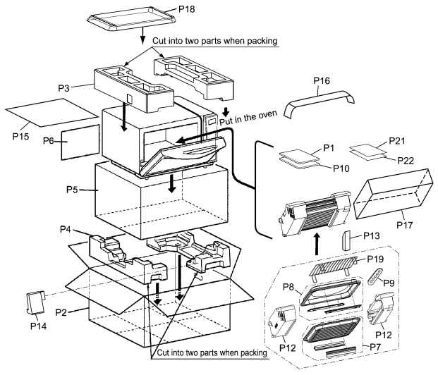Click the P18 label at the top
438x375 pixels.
[x=187, y=9]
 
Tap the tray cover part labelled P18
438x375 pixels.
[x=132, y=19]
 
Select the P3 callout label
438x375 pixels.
[x=63, y=88]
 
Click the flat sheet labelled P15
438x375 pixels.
[x=51, y=113]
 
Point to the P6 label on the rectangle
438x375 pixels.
[x=49, y=141]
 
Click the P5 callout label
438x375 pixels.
[x=72, y=190]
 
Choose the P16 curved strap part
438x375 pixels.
[x=320, y=104]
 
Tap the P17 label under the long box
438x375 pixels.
[x=405, y=225]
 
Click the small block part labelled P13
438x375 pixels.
[x=346, y=240]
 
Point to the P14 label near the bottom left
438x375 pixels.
[x=38, y=326]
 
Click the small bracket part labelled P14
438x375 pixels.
[x=35, y=302]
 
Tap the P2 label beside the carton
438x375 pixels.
[x=61, y=312]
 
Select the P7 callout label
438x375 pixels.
[x=375, y=347]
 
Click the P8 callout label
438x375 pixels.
[x=288, y=287]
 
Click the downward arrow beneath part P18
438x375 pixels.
[x=142, y=35]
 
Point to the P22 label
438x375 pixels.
[x=406, y=161]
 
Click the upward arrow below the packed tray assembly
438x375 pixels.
[x=317, y=244]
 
